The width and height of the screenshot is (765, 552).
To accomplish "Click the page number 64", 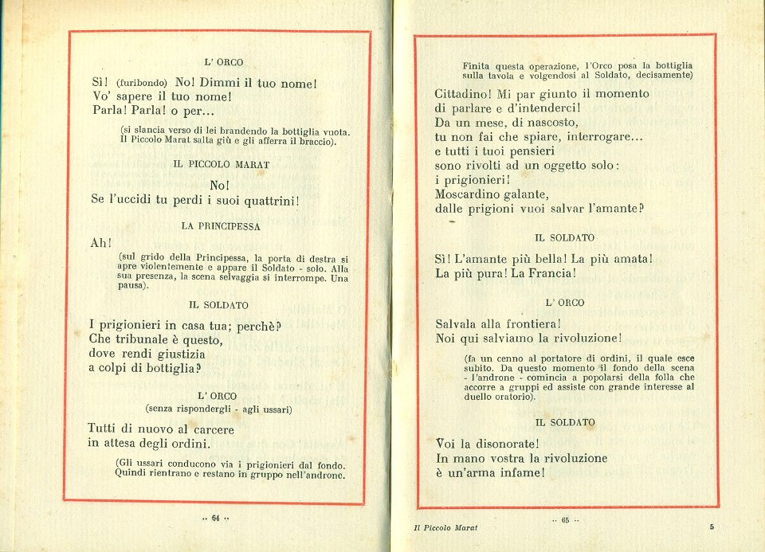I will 215,519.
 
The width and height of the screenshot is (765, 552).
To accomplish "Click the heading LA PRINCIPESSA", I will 221,226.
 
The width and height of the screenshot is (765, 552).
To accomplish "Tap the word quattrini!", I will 264,200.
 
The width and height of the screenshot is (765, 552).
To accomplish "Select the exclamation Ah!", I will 101,243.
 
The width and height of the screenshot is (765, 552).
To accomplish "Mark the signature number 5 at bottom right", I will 712,527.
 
